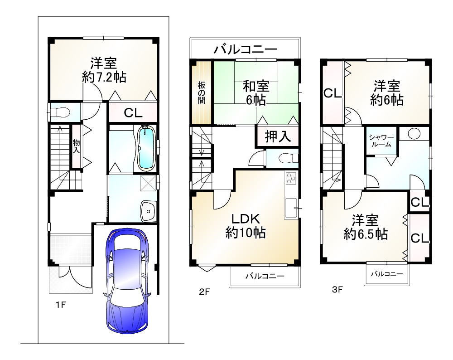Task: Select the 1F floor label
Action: pyautogui.click(x=61, y=305)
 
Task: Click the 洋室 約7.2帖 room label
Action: pyautogui.click(x=104, y=69)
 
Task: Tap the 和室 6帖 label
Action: pyautogui.click(x=256, y=92)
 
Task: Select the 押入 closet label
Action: pyautogui.click(x=278, y=136)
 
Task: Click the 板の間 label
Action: pyautogui.click(x=201, y=93)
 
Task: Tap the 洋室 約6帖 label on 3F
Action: pyautogui.click(x=386, y=93)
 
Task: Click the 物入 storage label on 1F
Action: pyautogui.click(x=76, y=146)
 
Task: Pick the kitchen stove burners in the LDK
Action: pyautogui.click(x=290, y=179)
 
